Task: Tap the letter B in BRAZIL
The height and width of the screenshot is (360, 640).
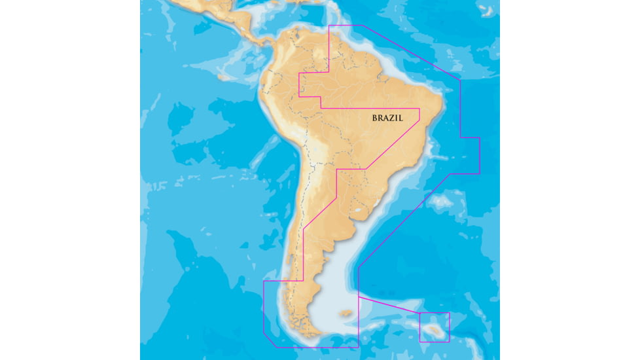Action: click(375, 118)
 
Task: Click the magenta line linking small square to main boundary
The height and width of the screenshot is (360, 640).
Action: click(389, 306)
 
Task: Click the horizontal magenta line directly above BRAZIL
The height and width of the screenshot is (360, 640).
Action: click(370, 108)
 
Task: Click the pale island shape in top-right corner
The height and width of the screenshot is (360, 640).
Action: click(487, 10)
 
